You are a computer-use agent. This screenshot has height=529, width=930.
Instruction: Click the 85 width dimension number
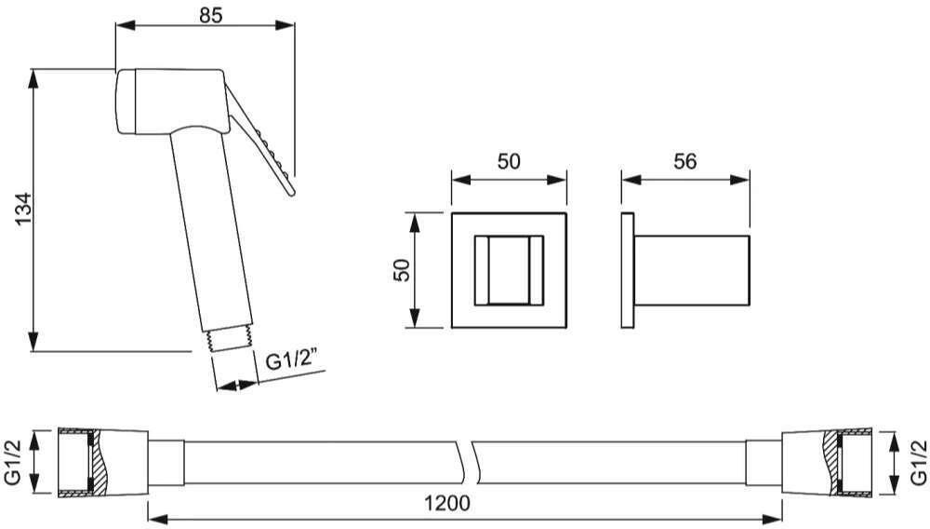[210, 15]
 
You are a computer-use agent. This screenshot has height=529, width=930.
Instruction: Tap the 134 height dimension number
[23, 209]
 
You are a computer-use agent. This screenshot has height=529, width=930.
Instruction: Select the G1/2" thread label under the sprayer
[291, 359]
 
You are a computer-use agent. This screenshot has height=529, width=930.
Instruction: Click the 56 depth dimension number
[685, 161]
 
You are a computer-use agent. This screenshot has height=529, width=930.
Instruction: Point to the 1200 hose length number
[446, 504]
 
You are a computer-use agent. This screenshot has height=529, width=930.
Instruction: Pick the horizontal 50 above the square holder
[509, 161]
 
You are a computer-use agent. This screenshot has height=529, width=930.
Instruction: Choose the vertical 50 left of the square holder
[402, 271]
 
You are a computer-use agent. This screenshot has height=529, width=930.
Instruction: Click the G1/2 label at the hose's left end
[13, 463]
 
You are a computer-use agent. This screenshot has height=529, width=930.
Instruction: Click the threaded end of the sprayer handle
[231, 340]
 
